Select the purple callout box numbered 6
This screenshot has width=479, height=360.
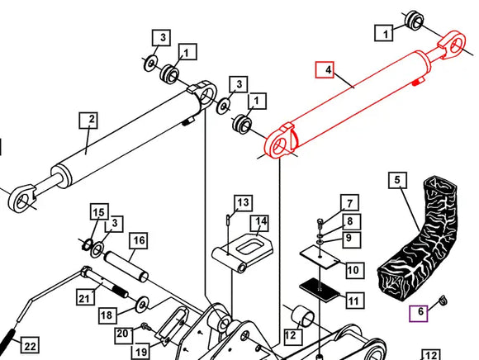(420, 312)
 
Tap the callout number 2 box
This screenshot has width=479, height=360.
(91, 121)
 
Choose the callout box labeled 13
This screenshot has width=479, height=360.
(242, 202)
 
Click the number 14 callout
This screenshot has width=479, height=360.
(261, 221)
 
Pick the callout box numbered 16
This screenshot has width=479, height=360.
(137, 240)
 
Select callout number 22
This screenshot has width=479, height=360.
(29, 345)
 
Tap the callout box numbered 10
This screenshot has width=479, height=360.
(353, 270)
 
